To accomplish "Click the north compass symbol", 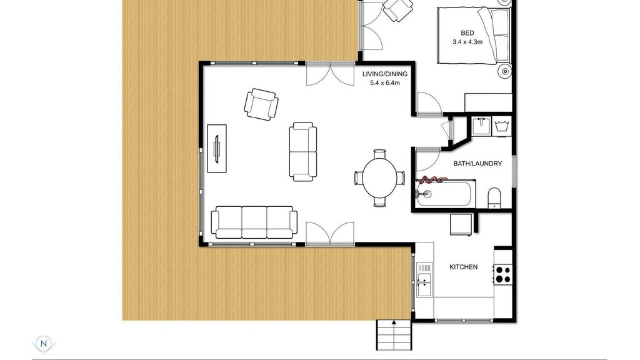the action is [x=43, y=344].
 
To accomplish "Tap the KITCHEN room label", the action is [x=463, y=267].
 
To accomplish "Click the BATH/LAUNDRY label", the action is [x=477, y=164].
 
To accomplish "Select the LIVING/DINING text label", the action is [x=385, y=74].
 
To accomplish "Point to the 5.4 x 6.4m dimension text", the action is [x=385, y=83].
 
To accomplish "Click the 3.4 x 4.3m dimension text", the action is [x=467, y=42].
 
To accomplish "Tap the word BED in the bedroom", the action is [x=467, y=33].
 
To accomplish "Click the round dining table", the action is [x=379, y=178].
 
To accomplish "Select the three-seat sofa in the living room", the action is [x=254, y=222].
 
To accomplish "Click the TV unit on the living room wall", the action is [x=217, y=149].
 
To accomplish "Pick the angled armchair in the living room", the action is [x=261, y=104].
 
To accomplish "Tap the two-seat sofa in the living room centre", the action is [x=303, y=151].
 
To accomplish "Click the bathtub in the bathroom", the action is [x=444, y=194].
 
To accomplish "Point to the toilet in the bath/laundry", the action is [x=494, y=197].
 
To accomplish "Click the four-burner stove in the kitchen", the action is [x=502, y=274].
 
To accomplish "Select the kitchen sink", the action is [x=424, y=279].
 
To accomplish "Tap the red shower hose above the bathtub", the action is [x=432, y=179].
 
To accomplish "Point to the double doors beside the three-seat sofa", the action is [x=330, y=234].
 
